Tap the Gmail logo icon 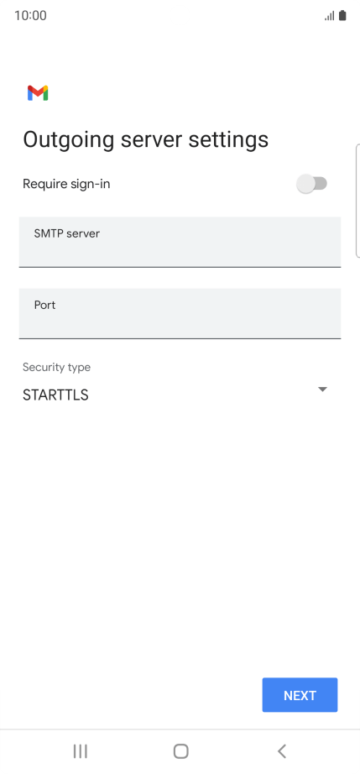[38, 93]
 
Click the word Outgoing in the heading [69, 139]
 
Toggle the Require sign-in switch [311, 184]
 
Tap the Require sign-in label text [66, 184]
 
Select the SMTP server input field [180, 243]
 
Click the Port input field [180, 314]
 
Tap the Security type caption [57, 367]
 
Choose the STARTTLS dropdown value [55, 395]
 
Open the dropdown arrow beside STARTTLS [322, 390]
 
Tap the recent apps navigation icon [81, 751]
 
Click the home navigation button [181, 751]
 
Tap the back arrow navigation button [282, 751]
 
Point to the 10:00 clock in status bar [30, 16]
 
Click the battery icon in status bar [342, 16]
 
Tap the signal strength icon [330, 16]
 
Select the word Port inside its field [44, 305]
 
